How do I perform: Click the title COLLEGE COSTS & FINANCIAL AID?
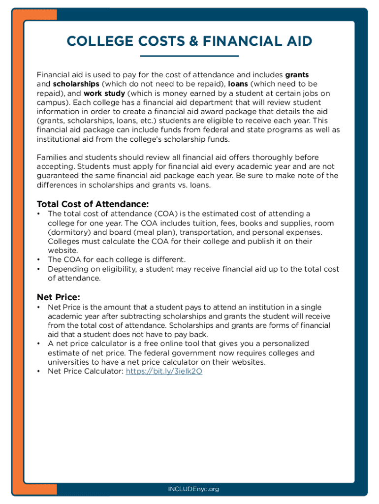189,41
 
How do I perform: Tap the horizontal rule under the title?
189,56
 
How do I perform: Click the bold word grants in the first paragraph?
297,75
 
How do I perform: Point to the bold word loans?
238,84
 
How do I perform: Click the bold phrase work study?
104,93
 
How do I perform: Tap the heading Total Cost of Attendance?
93,204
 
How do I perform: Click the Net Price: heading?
59,297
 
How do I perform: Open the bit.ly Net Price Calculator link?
164,372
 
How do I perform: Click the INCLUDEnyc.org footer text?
193,489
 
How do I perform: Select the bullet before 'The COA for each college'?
39,259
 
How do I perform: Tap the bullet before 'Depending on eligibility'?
39,269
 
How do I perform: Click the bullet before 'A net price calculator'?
39,344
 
